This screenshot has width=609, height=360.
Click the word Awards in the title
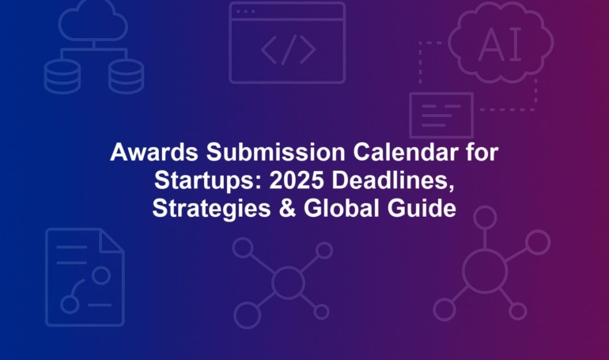[x=153, y=152]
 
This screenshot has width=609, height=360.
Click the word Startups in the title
[x=208, y=180]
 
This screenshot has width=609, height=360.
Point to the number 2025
[x=297, y=180]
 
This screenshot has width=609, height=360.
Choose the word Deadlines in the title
[x=392, y=180]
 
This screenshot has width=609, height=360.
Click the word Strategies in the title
[x=211, y=209]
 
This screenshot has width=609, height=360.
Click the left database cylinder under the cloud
[x=62, y=77]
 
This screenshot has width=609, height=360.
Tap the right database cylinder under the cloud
[x=126, y=77]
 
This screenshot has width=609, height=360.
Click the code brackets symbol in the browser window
[x=288, y=50]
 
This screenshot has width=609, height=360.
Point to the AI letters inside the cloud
[x=500, y=44]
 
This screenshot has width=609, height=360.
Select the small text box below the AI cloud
[x=441, y=116]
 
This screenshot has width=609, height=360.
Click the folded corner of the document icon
[x=112, y=241]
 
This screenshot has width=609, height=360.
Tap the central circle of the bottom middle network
[x=288, y=282]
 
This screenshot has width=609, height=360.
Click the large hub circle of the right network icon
[x=485, y=271]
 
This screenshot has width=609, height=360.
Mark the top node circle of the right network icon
[x=485, y=218]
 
